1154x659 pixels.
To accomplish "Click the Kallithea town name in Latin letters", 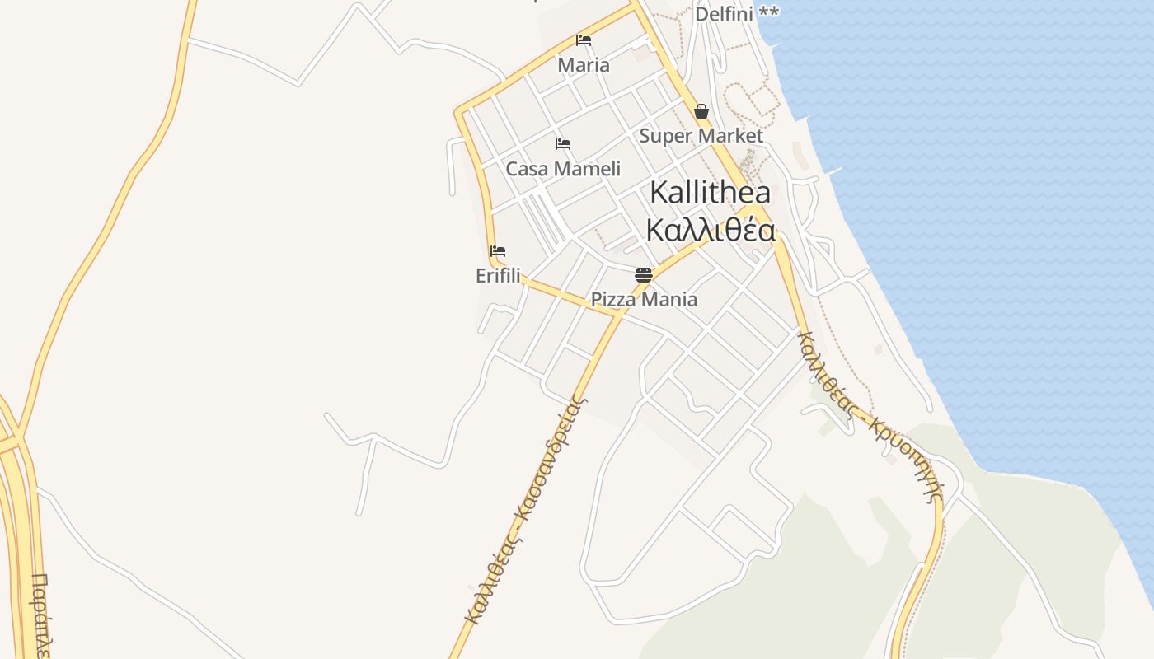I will click(x=710, y=193).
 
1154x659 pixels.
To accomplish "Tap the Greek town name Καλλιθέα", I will click(x=710, y=231).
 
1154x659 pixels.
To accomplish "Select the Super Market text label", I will click(x=701, y=135).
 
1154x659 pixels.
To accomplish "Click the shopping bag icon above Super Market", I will click(x=701, y=111).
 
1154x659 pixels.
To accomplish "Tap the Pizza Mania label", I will click(x=644, y=299).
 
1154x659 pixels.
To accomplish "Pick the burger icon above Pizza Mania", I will click(x=644, y=274).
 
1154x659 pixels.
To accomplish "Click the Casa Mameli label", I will click(x=563, y=169).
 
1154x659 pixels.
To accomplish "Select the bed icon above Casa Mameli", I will click(x=563, y=144).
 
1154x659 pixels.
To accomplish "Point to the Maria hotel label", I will click(x=584, y=65).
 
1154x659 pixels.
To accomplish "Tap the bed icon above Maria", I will click(x=584, y=40).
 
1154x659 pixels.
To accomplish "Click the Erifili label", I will click(x=498, y=276).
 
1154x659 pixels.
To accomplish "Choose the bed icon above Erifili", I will click(x=498, y=251).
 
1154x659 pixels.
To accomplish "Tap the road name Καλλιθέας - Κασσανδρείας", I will click(x=525, y=511).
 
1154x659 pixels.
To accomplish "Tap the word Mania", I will click(x=668, y=299).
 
